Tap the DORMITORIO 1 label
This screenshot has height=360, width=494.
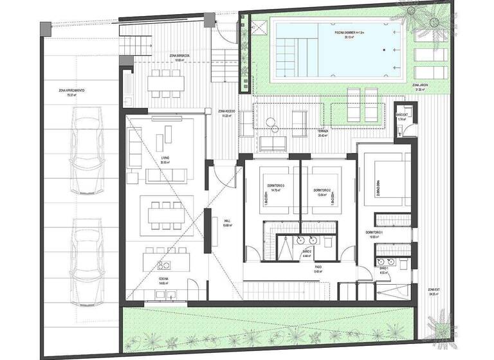point(374,232)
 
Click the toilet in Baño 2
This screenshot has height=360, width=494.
point(327,240)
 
